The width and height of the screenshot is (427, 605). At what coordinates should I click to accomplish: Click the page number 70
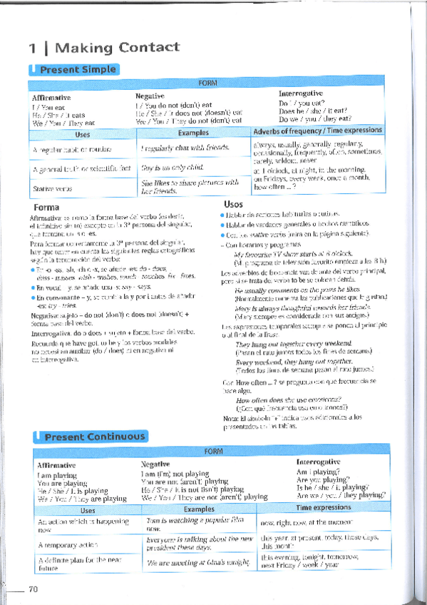(x=33, y=589)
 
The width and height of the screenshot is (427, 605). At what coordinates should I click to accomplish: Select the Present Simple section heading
(x=78, y=70)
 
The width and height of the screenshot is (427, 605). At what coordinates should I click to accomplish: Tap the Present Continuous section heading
(x=94, y=437)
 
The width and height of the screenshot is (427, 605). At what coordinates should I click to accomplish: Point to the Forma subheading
(x=46, y=207)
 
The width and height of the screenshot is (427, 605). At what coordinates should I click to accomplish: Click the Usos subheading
(x=233, y=204)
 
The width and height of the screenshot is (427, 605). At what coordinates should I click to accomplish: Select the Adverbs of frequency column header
(x=318, y=131)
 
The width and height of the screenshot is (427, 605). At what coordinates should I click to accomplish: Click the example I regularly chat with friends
(x=185, y=147)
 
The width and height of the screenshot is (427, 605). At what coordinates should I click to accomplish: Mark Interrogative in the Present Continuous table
(x=317, y=462)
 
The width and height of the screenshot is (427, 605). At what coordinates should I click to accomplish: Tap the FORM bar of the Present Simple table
(x=207, y=83)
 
